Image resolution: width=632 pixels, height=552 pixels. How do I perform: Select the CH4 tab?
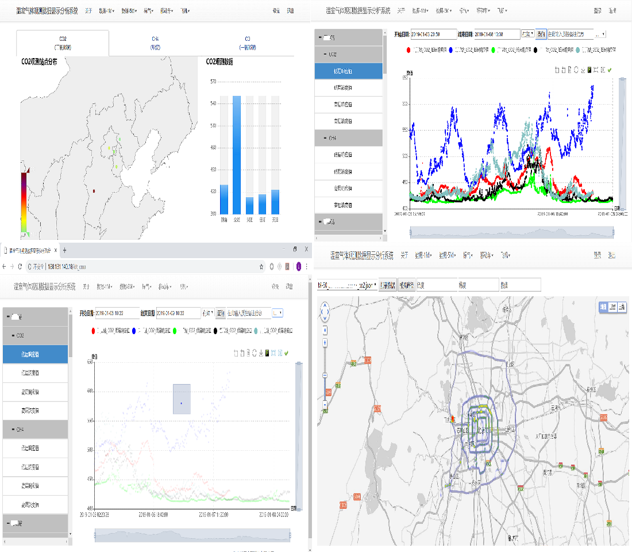(x=155, y=43)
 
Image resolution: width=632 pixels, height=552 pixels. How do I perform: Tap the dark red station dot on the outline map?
(x=94, y=190)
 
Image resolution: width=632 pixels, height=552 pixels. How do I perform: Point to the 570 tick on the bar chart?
(x=213, y=82)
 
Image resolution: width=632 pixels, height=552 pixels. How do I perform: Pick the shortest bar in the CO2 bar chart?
(x=249, y=205)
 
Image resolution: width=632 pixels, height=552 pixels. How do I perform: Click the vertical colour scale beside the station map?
(x=24, y=201)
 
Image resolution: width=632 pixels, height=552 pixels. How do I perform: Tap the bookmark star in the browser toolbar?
(x=261, y=267)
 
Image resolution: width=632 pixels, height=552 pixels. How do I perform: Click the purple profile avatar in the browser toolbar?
(x=299, y=267)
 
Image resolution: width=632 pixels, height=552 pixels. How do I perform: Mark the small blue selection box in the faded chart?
(x=182, y=399)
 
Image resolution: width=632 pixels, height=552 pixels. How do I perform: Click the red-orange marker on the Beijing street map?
(x=453, y=420)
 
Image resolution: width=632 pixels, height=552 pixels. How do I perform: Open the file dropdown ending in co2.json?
(x=347, y=285)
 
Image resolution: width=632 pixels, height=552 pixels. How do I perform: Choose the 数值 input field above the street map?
(x=520, y=285)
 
